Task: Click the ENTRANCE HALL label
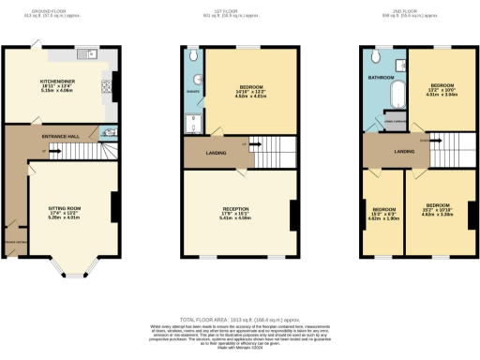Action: click(60, 137)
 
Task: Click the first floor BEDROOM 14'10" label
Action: click(249, 91)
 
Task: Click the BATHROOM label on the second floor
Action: click(380, 78)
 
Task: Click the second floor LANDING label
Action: click(404, 150)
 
